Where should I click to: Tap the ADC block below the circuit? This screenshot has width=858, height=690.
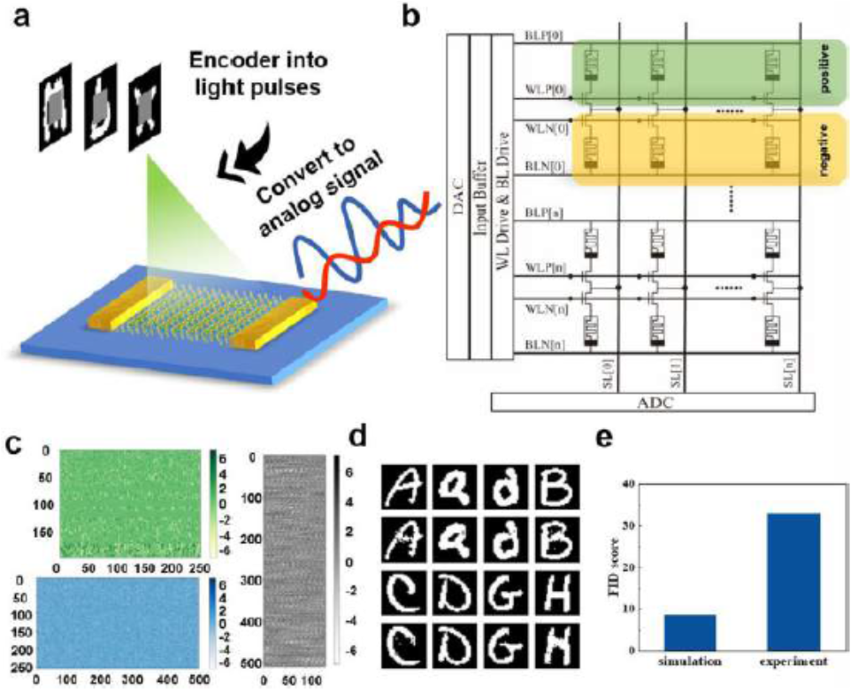click(x=651, y=403)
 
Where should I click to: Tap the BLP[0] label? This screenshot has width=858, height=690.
click(x=536, y=36)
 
